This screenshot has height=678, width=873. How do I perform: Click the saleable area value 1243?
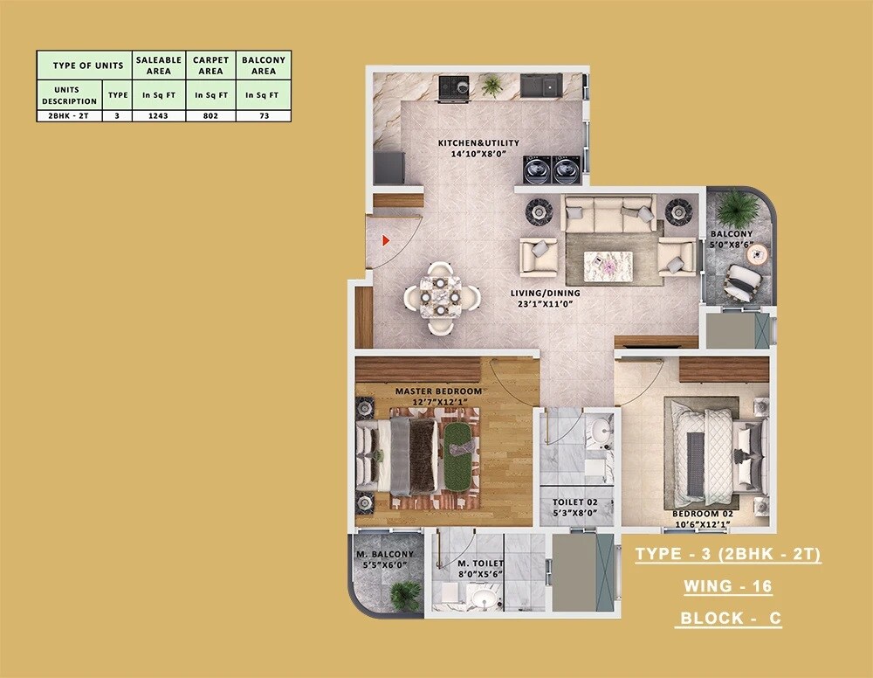coord(158,114)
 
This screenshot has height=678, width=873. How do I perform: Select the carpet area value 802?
coord(211,114)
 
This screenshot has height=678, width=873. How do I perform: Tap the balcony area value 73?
coord(263,114)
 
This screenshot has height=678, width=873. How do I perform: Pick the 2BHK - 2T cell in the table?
coord(69,114)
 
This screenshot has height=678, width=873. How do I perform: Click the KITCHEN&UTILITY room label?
coord(478,142)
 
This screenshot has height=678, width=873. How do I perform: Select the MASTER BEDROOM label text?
coord(438,391)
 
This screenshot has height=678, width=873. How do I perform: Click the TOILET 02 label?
coord(574,502)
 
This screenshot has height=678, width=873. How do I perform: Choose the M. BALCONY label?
coord(384,555)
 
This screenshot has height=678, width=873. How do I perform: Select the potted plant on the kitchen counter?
coord(492,84)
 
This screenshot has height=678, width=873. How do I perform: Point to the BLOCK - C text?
coord(729,619)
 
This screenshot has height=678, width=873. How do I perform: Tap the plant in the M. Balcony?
coord(404,594)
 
